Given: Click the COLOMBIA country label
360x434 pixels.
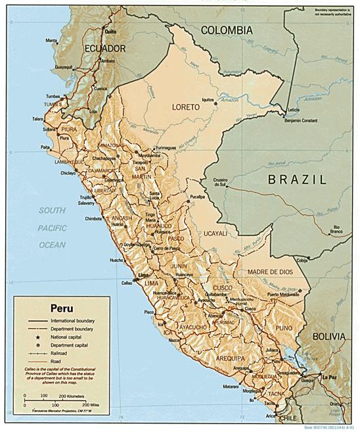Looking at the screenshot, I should pos(226,30).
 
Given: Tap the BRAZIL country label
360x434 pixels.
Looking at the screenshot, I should pos(297,179).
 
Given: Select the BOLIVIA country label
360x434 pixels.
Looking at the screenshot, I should pos(328,336).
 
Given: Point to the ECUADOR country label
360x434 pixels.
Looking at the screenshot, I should pos(104,49).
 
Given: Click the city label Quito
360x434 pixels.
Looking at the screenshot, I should pos(110,32).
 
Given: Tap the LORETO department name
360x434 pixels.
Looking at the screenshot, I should pos(185,107).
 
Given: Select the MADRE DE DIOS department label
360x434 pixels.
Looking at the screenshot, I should pos(269,272).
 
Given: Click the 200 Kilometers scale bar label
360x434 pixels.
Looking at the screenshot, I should pos(71,396).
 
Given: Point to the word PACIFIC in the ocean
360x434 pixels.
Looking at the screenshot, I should pos(52,228).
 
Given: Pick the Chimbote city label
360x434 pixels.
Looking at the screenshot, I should pos(93,218).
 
